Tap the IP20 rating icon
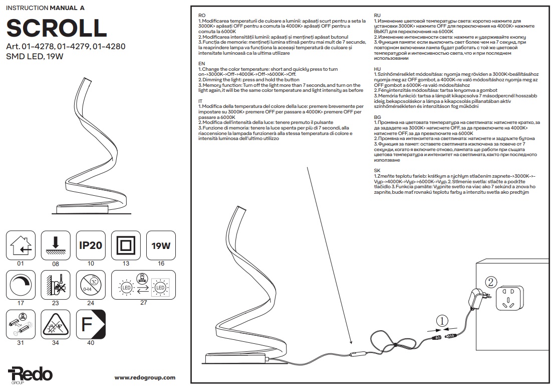click(x=91, y=245)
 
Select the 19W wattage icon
click(x=161, y=245)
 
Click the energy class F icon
click(x=91, y=325)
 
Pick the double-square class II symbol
click(x=126, y=245)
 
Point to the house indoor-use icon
click(x=21, y=245)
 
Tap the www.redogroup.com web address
click(x=145, y=377)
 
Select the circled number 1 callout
click(x=441, y=320)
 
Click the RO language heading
click(x=202, y=16)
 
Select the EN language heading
click(x=202, y=64)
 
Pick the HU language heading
click(x=378, y=69)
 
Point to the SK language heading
click(x=377, y=171)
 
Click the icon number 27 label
click(x=143, y=303)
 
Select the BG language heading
click(x=378, y=116)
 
